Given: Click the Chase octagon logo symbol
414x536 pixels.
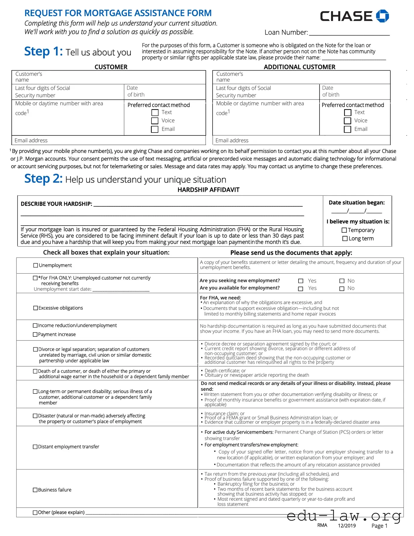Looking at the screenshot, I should pyautogui.click(x=382, y=16).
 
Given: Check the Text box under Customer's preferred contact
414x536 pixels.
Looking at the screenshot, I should pyautogui.click(x=155, y=113).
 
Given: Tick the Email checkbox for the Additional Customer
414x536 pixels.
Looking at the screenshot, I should pyautogui.click(x=347, y=129).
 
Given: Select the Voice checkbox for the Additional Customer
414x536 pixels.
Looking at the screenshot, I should pyautogui.click(x=347, y=121).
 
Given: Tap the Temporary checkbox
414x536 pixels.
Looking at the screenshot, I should pyautogui.click(x=344, y=230).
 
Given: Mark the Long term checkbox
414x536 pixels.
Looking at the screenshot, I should pyautogui.click(x=345, y=238).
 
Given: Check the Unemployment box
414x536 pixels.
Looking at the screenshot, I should pyautogui.click(x=36, y=265).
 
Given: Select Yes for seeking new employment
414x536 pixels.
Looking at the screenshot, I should pyautogui.click(x=301, y=281).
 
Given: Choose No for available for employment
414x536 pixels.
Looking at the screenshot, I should pyautogui.click(x=342, y=288).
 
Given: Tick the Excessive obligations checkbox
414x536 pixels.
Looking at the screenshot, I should pyautogui.click(x=36, y=308).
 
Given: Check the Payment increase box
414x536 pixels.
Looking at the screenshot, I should pyautogui.click(x=35, y=334).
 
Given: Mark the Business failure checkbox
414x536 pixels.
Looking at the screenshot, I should pyautogui.click(x=35, y=490).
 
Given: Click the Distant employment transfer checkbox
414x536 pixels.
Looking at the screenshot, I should pyautogui.click(x=35, y=447).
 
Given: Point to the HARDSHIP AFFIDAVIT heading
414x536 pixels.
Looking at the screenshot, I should pyautogui.click(x=208, y=190).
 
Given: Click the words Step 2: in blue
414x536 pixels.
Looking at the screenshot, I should pyautogui.click(x=43, y=178).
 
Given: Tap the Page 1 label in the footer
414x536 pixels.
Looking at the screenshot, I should pyautogui.click(x=379, y=526).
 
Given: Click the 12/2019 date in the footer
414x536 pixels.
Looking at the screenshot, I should pyautogui.click(x=347, y=526).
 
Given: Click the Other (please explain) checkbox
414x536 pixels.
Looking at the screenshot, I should pyautogui.click(x=35, y=513).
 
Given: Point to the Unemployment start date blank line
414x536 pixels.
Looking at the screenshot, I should pyautogui.click(x=121, y=290).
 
